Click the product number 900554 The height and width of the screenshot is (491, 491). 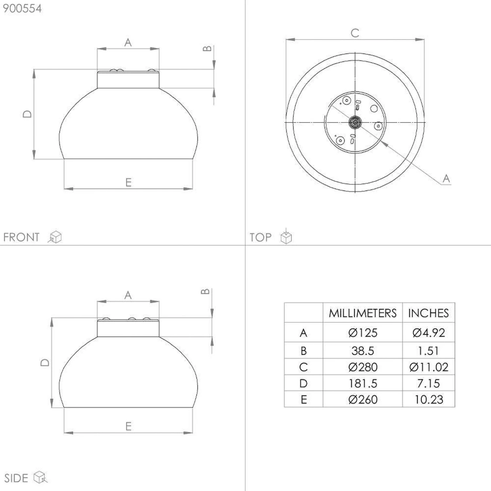click(x=22, y=9)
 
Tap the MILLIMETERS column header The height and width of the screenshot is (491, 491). click(x=363, y=313)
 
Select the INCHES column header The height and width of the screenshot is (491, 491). click(x=428, y=313)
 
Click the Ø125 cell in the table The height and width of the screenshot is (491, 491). click(x=363, y=333)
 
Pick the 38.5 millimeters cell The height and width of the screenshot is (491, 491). click(x=363, y=351)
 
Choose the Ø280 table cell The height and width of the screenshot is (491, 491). click(x=363, y=367)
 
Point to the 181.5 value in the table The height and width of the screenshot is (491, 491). click(x=363, y=383)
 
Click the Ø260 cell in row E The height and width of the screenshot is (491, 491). click(x=363, y=399)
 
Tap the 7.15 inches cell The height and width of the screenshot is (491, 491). click(x=428, y=383)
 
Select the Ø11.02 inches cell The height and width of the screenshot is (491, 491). click(x=428, y=367)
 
